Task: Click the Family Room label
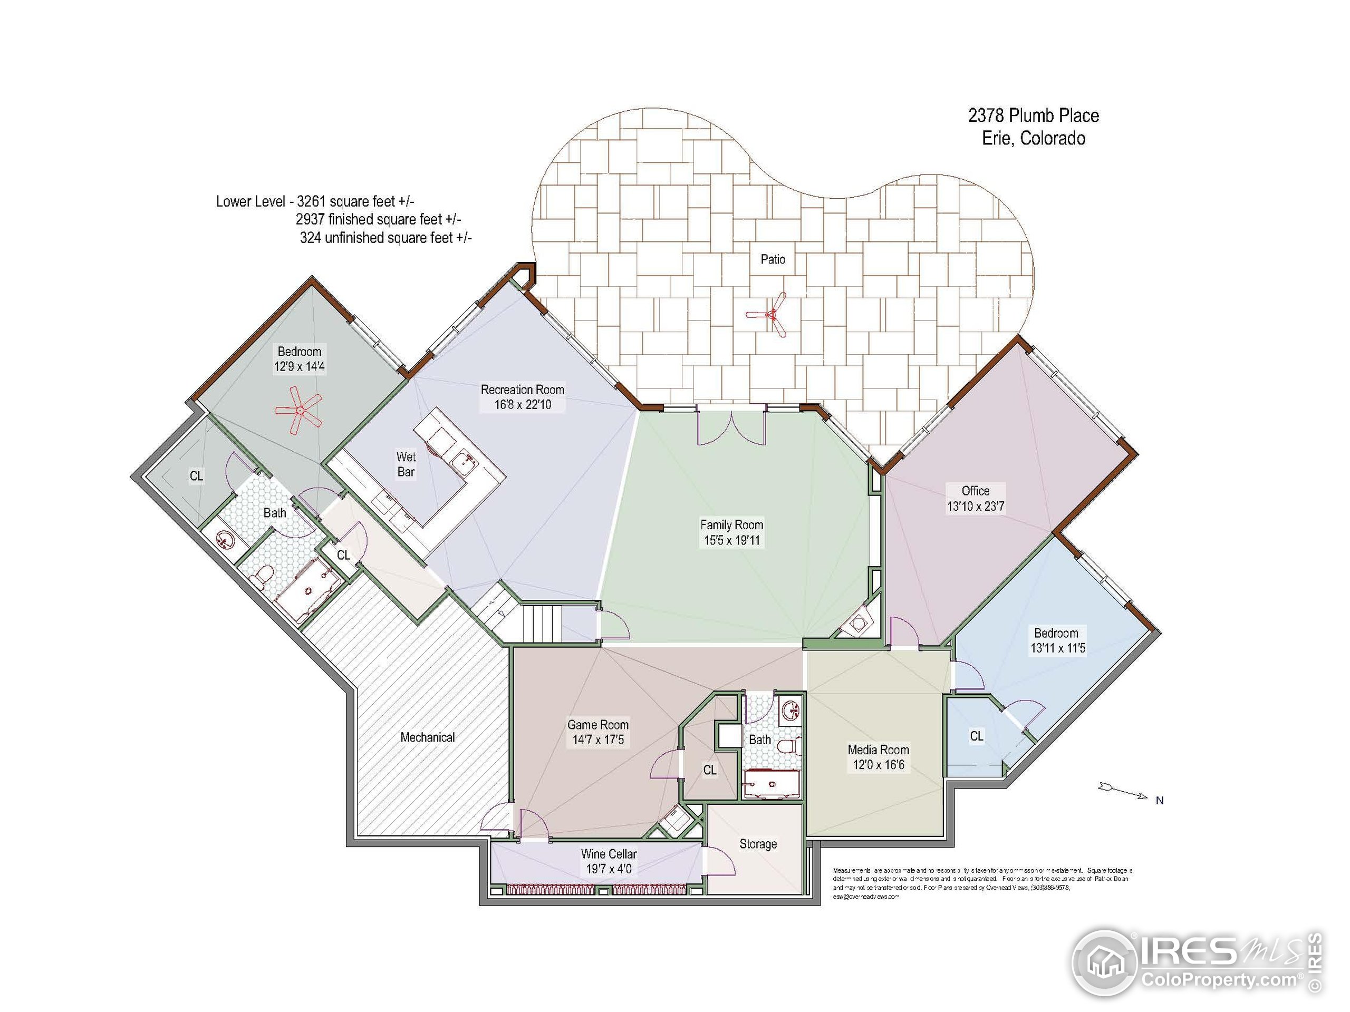pyautogui.click(x=731, y=524)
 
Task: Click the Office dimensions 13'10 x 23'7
pyautogui.click(x=975, y=507)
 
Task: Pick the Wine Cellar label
pyautogui.click(x=609, y=854)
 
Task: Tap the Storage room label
pyautogui.click(x=758, y=844)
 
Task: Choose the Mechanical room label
pyautogui.click(x=427, y=737)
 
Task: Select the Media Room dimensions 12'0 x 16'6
pyautogui.click(x=877, y=765)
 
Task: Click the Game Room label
pyautogui.click(x=597, y=725)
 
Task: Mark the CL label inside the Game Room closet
pyautogui.click(x=709, y=770)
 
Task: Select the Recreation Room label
pyautogui.click(x=523, y=389)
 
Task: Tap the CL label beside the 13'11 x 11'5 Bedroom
pyautogui.click(x=977, y=736)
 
